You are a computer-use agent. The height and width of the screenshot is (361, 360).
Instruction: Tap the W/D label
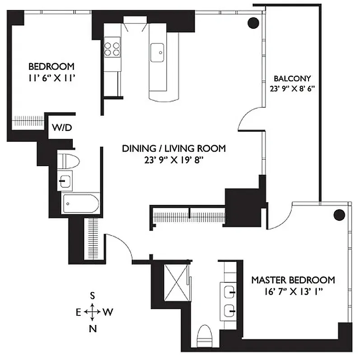click(61, 128)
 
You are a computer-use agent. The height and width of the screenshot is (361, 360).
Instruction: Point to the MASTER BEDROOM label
click(293, 280)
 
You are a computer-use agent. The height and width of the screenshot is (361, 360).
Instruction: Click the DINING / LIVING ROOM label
click(174, 148)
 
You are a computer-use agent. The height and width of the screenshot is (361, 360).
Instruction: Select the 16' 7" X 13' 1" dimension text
click(293, 292)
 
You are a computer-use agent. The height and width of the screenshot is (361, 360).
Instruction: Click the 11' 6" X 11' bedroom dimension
click(51, 78)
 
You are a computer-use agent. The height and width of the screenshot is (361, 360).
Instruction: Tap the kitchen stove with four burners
click(112, 48)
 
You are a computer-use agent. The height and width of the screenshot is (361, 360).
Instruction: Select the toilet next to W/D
click(70, 160)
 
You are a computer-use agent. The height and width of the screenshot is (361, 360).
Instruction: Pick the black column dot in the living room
click(253, 22)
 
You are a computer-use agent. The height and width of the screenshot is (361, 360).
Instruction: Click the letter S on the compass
click(92, 296)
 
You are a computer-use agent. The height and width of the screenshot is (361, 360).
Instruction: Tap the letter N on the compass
click(93, 328)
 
